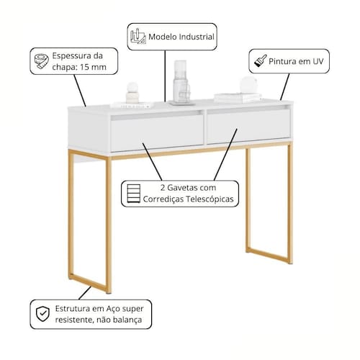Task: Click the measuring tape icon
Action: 41,61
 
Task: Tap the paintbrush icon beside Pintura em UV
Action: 261,60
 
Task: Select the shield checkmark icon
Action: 42,314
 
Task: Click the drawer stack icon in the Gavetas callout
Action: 133,194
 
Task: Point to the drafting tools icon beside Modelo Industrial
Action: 138,36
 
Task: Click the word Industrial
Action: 197,37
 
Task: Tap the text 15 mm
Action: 93,67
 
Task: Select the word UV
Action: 318,61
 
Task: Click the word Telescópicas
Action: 210,199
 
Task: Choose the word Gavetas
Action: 181,187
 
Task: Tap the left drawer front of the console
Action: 157,133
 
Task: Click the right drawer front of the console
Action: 248,127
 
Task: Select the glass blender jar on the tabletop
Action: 181,83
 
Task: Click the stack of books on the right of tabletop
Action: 238,98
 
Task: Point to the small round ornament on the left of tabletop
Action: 132,92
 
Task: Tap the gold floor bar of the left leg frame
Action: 88,283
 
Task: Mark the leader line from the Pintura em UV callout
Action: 284,86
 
